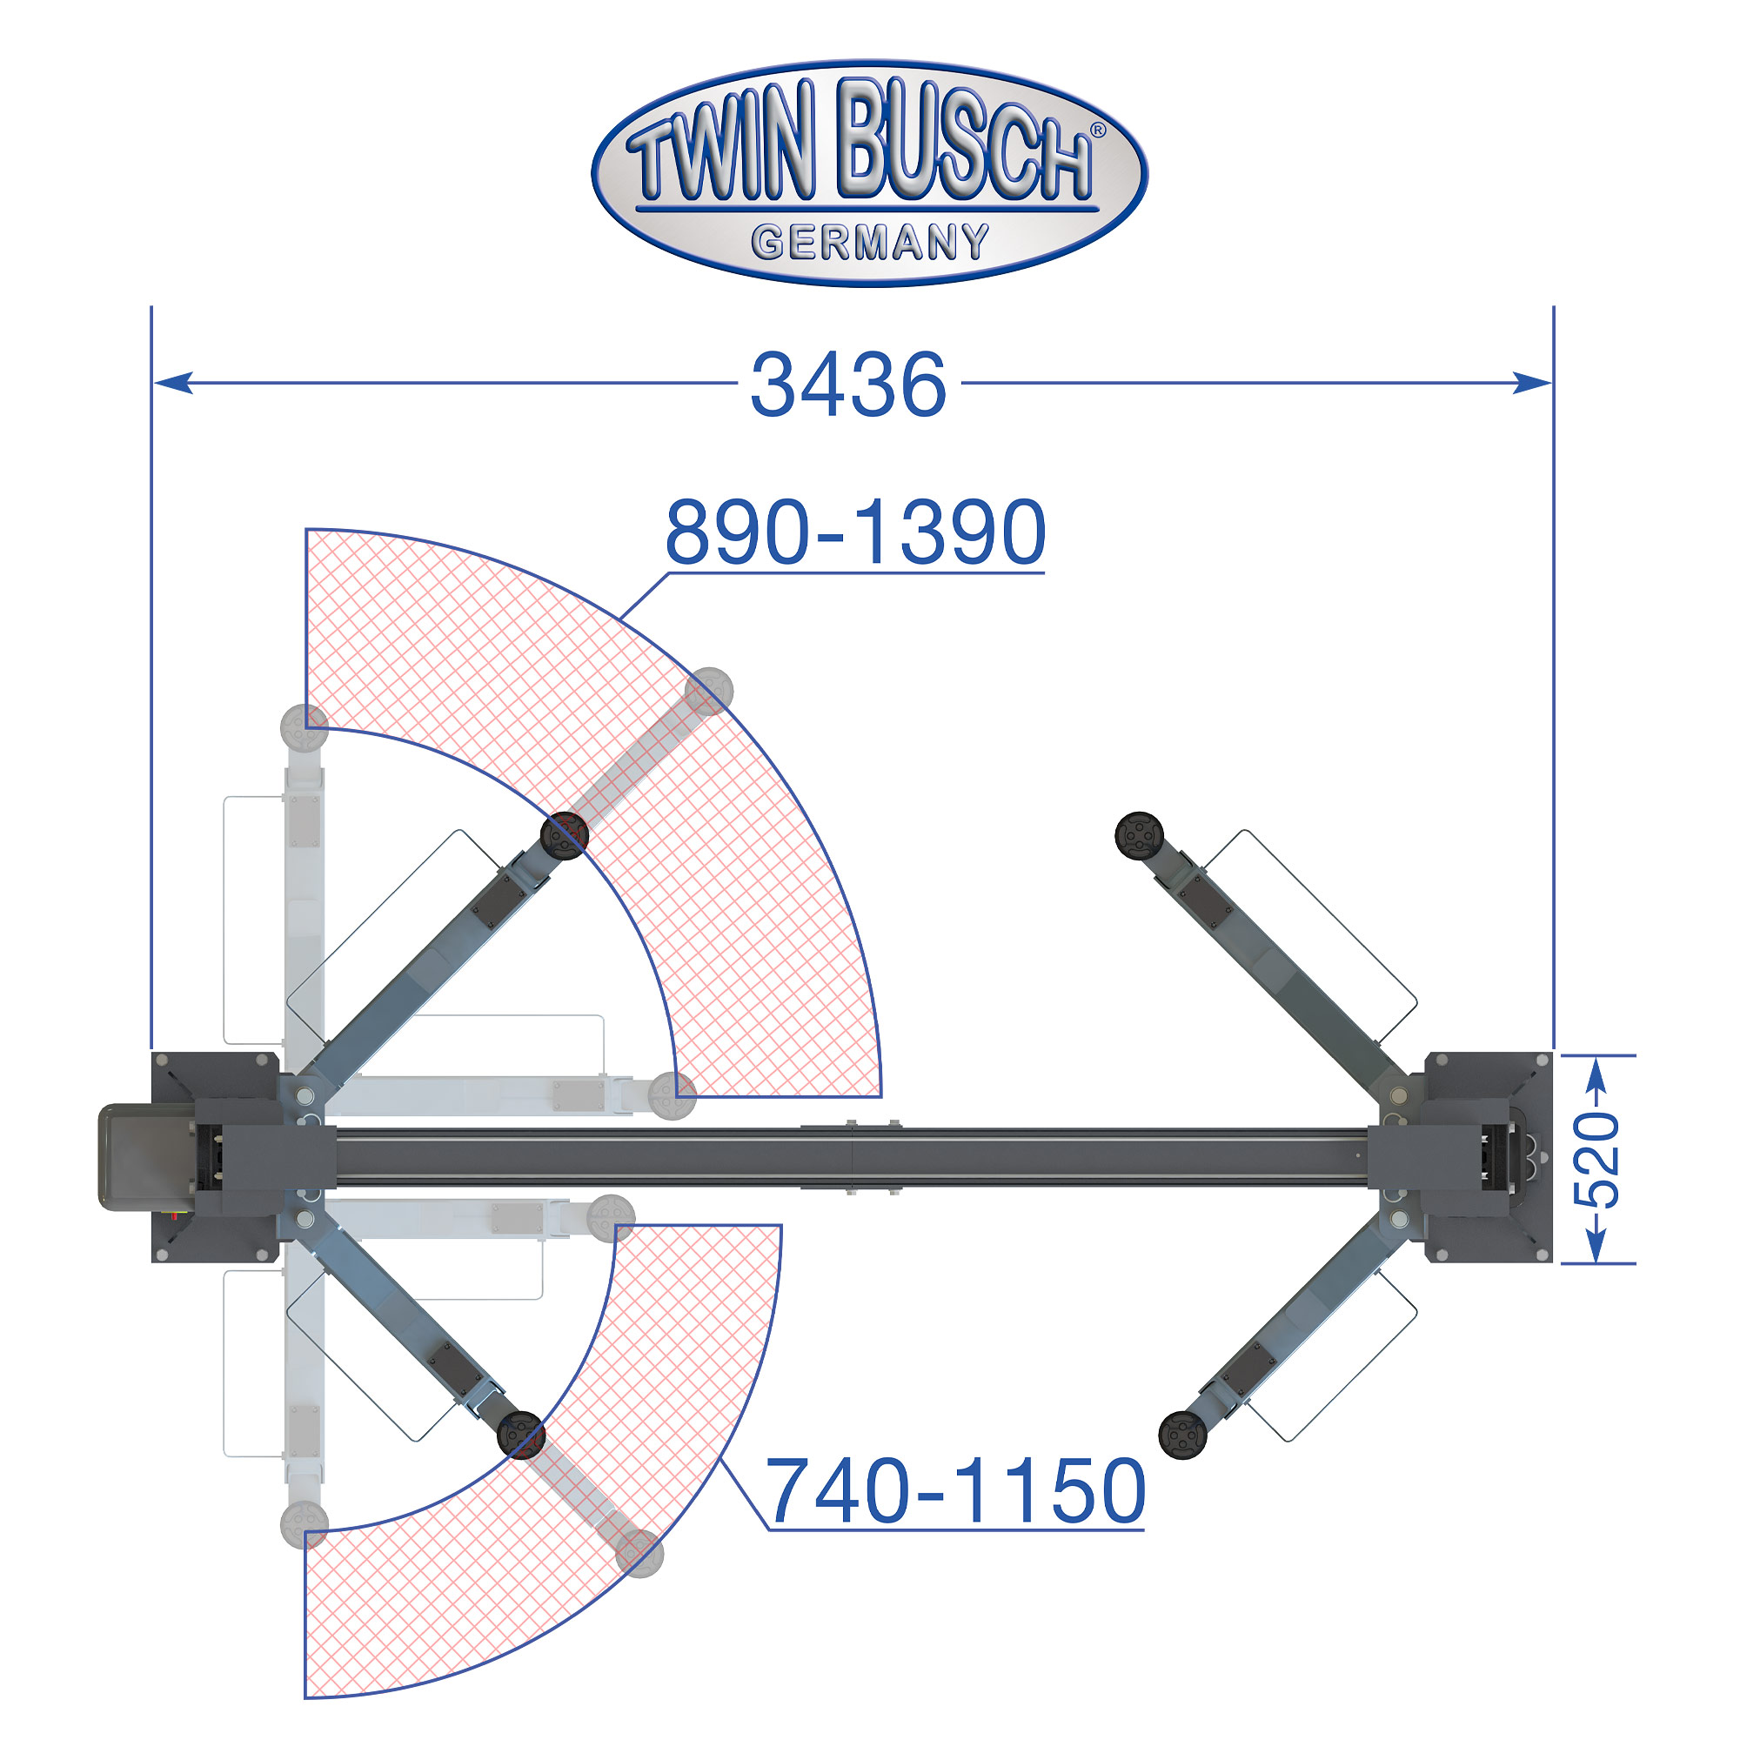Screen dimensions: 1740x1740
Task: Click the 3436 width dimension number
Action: (848, 385)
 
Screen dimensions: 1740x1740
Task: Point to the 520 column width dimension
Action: (1596, 1159)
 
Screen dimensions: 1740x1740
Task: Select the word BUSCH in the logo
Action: (966, 139)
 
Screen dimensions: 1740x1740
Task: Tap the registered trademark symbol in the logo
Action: (1098, 131)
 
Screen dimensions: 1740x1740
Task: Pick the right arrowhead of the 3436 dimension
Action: (1532, 383)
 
